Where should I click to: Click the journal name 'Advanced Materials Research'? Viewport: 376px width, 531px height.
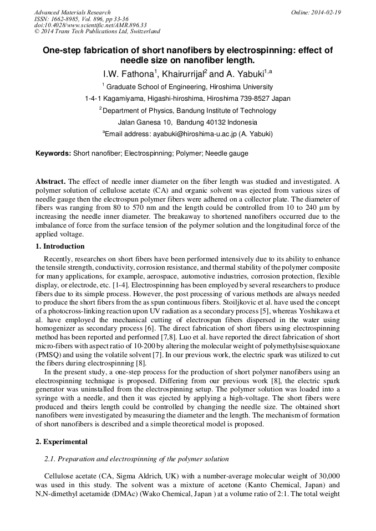tap(73, 12)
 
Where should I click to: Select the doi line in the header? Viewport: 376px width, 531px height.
tap(90, 25)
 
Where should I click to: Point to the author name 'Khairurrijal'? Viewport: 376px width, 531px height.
tap(182, 74)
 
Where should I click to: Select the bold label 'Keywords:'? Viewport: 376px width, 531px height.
tap(53, 153)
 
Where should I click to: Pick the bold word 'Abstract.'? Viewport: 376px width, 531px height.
tap(50, 182)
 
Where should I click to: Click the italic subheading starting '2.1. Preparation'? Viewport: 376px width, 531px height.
tap(136, 460)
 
